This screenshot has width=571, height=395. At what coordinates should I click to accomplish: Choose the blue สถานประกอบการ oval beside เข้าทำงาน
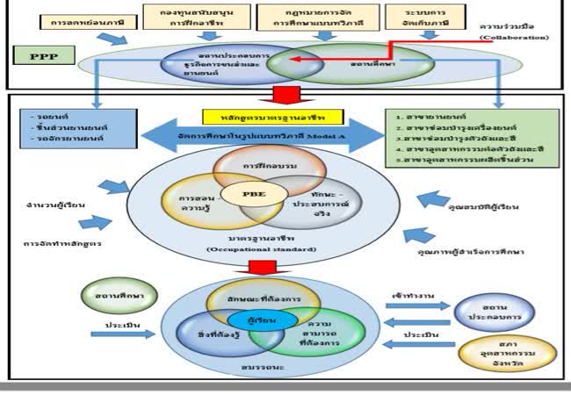tap(489, 311)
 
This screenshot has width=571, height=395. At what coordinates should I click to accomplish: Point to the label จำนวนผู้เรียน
tap(55, 205)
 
